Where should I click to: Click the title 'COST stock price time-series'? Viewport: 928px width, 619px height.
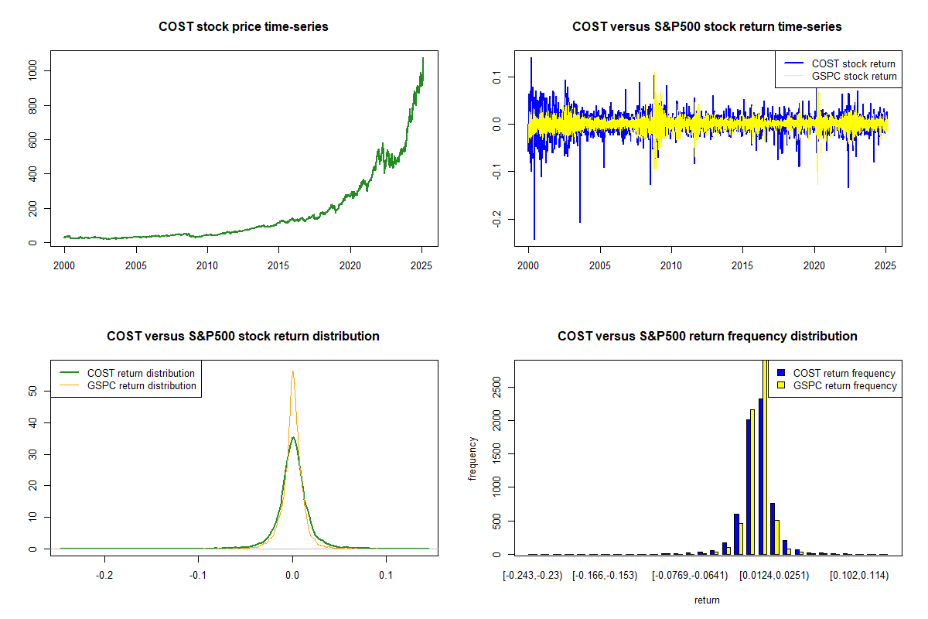click(244, 27)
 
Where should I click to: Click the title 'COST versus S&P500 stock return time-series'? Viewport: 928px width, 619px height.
click(707, 27)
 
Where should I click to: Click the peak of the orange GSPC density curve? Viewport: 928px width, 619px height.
click(292, 371)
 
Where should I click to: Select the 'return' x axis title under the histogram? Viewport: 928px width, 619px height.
click(707, 600)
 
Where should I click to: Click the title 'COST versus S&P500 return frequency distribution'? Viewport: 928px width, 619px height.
click(707, 337)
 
